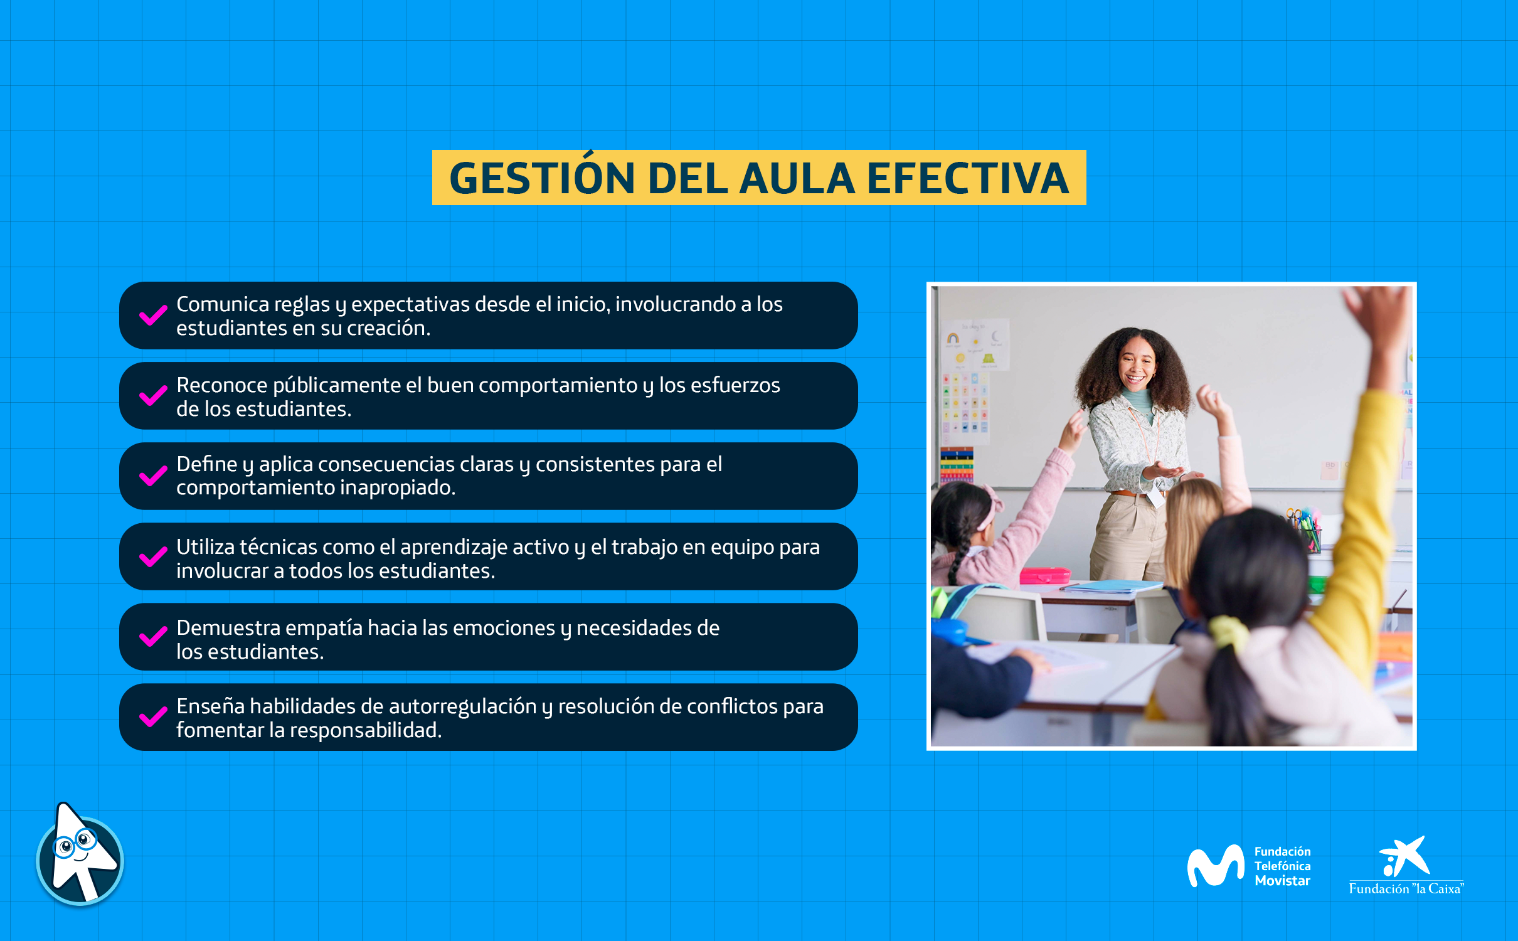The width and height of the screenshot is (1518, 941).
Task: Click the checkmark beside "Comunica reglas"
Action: coord(153,315)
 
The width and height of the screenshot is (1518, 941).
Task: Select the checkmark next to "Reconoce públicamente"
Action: coord(153,395)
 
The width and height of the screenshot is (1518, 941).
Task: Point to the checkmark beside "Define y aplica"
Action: coord(153,476)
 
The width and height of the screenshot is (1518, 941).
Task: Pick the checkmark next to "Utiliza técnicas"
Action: coord(153,556)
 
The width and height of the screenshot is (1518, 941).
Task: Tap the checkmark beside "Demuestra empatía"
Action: coord(153,636)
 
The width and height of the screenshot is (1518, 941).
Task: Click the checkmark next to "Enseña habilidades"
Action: coord(153,716)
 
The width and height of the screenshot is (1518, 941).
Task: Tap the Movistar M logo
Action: coord(1215,866)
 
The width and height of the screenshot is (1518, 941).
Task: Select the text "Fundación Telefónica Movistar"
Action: coord(1282,866)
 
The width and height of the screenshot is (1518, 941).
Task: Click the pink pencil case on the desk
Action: coord(1045,575)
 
